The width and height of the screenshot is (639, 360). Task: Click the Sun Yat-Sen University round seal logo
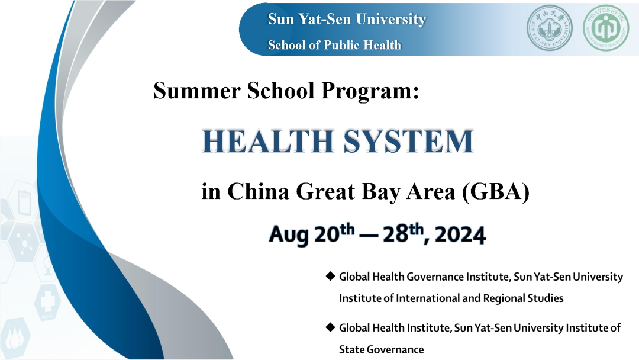(549, 28)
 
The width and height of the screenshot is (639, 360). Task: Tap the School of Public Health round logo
(606, 28)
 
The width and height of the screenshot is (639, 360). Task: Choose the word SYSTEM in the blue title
(408, 141)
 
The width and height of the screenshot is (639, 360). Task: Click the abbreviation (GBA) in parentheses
(496, 192)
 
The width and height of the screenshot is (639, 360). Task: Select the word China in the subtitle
(258, 191)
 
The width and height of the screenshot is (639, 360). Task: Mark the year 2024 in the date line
(460, 235)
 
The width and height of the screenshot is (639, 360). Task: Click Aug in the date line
(289, 236)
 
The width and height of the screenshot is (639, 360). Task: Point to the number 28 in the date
(395, 234)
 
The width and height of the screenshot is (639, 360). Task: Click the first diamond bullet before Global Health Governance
(330, 277)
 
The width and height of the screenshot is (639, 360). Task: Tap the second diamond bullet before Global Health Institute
(330, 327)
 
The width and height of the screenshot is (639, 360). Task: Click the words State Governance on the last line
(381, 349)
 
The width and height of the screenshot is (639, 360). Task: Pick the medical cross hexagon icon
(47, 301)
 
